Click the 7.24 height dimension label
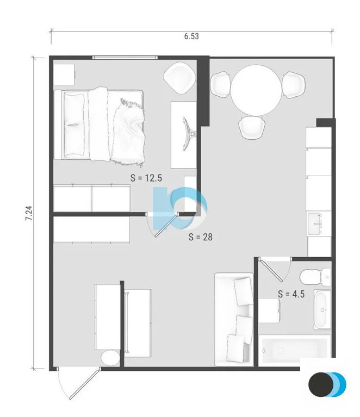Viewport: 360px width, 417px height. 29,213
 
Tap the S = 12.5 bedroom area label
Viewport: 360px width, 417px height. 146,177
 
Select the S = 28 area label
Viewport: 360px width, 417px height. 200,236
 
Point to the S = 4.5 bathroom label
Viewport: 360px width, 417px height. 291,294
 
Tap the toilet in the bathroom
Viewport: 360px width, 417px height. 315,277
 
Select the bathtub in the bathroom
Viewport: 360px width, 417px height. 295,351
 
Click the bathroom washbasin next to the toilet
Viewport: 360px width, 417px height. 322,309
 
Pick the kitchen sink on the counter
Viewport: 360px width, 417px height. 318,222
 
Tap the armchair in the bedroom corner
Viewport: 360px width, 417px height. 179,77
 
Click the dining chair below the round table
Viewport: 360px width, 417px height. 252,127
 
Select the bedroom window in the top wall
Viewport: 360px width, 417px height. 125,57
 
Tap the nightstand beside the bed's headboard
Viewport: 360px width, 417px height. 64,74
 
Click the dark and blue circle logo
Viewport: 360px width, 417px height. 327,384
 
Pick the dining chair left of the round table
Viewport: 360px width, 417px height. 220,84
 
